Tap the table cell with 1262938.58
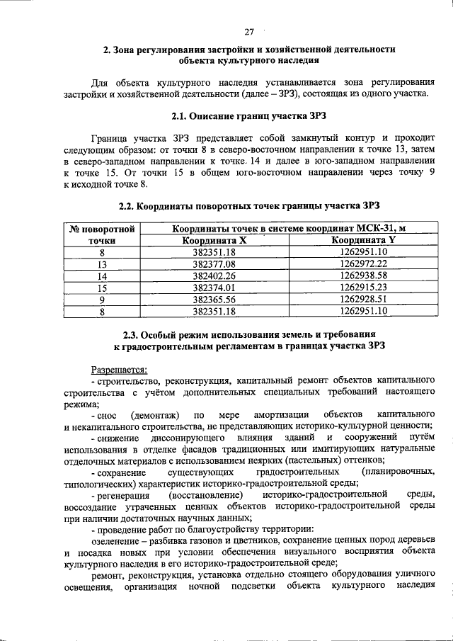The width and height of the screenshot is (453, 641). [364, 276]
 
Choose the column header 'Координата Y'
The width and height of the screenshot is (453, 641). [364, 240]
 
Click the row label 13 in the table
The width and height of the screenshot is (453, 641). [101, 263]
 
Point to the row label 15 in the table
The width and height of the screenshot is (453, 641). [101, 288]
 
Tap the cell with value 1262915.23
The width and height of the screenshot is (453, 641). [364, 288]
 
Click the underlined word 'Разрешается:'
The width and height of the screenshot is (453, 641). [119, 369]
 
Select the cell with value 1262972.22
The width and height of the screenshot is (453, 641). [364, 263]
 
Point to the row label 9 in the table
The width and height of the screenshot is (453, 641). [101, 299]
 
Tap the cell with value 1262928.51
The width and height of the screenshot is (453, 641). [364, 299]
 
